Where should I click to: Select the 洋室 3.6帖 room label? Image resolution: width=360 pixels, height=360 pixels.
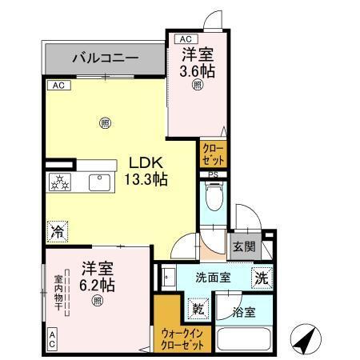click(198, 62)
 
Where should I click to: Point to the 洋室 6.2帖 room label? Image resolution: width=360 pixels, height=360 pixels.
click(96, 277)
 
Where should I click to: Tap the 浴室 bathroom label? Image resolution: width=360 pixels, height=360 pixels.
click(246, 312)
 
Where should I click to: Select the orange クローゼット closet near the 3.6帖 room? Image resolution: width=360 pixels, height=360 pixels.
click(213, 152)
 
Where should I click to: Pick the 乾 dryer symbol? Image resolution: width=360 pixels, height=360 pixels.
click(197, 308)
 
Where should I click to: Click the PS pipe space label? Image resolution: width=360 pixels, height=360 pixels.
click(213, 175)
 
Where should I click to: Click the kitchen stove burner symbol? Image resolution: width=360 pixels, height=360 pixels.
click(59, 182)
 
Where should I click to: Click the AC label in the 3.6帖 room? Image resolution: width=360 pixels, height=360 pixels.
click(184, 38)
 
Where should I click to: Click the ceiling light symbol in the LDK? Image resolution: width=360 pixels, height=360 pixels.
click(105, 122)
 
